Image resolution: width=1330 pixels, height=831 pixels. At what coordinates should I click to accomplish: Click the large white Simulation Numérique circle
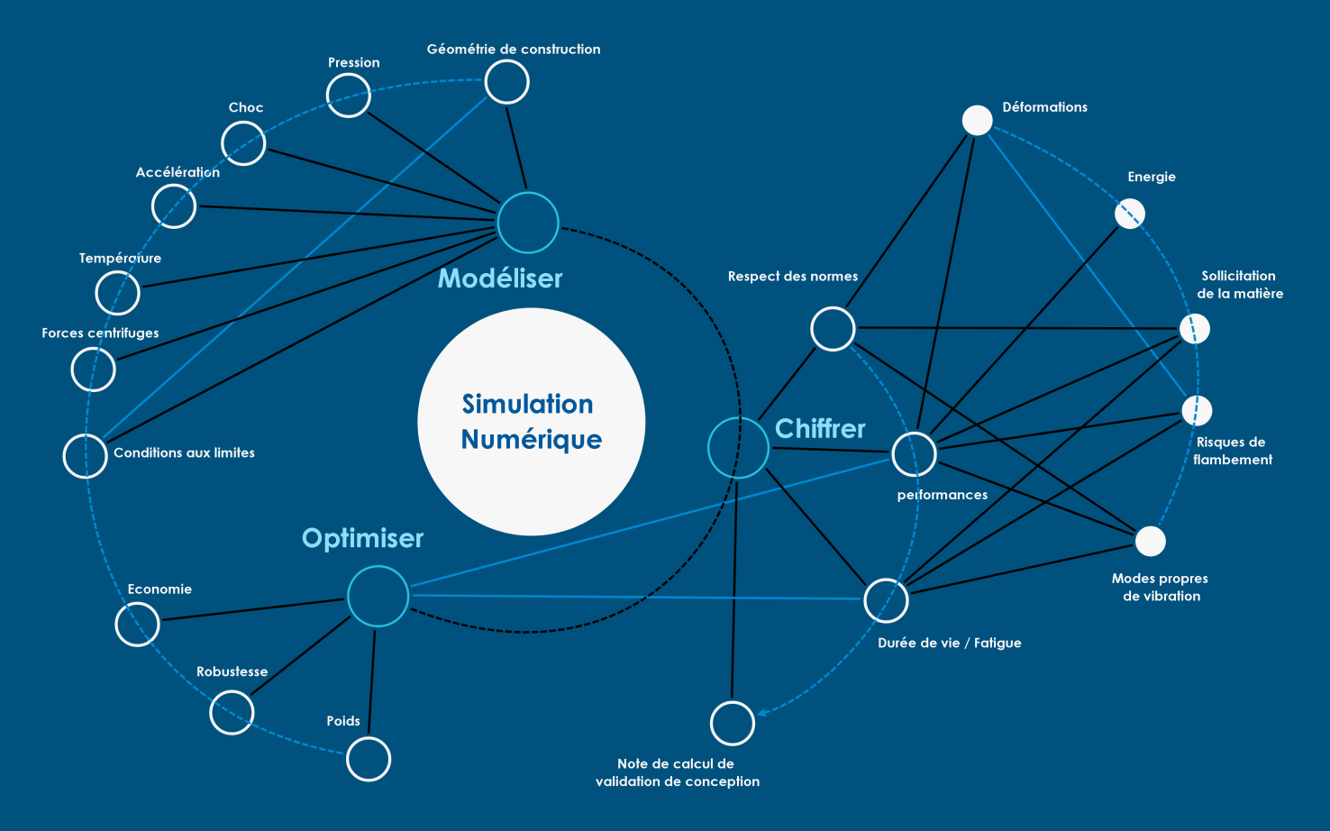click(531, 422)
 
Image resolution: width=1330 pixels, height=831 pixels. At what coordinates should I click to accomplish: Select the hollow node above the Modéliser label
click(528, 223)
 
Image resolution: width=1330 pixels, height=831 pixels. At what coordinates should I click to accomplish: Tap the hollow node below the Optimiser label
click(378, 596)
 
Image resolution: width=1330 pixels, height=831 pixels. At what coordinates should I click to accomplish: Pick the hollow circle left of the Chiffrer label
click(738, 448)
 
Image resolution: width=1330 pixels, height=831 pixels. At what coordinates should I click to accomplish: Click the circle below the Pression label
click(349, 96)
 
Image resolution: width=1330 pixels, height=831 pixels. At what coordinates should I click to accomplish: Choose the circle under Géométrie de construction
click(506, 83)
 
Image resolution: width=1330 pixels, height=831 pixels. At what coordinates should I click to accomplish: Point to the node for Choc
click(243, 143)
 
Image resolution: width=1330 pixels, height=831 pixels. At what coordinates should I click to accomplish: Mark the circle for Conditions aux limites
click(86, 456)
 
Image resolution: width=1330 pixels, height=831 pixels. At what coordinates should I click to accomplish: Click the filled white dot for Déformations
click(977, 121)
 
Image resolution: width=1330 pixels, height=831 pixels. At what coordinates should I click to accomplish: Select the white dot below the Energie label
click(1130, 214)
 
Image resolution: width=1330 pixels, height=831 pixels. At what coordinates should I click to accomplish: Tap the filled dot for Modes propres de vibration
click(1150, 541)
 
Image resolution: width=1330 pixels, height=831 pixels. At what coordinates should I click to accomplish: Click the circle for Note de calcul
click(732, 723)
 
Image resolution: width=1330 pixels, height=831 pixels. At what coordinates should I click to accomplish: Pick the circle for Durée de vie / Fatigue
click(886, 600)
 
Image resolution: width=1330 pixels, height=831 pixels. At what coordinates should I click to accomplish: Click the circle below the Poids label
click(369, 759)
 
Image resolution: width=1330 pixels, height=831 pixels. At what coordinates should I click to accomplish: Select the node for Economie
click(138, 624)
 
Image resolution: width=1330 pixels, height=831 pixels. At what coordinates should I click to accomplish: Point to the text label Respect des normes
click(792, 277)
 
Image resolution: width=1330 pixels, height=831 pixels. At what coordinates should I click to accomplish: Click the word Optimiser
click(362, 538)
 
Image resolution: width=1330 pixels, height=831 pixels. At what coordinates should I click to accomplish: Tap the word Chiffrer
click(820, 429)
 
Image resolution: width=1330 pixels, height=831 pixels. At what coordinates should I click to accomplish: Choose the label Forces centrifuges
click(100, 333)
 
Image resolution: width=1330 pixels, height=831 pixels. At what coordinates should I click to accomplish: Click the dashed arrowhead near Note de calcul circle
click(762, 713)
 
